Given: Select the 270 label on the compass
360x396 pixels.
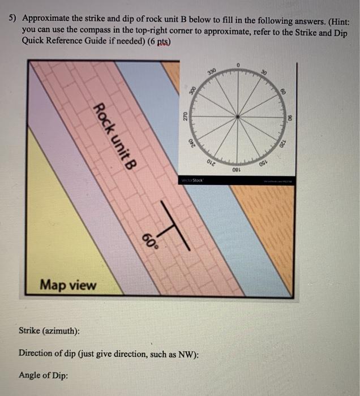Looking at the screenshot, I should click(x=184, y=117).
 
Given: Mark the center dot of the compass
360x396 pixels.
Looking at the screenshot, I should click(x=238, y=117).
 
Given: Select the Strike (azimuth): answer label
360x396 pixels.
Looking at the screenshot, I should click(x=49, y=330).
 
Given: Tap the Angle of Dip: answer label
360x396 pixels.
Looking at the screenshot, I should click(x=44, y=375).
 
